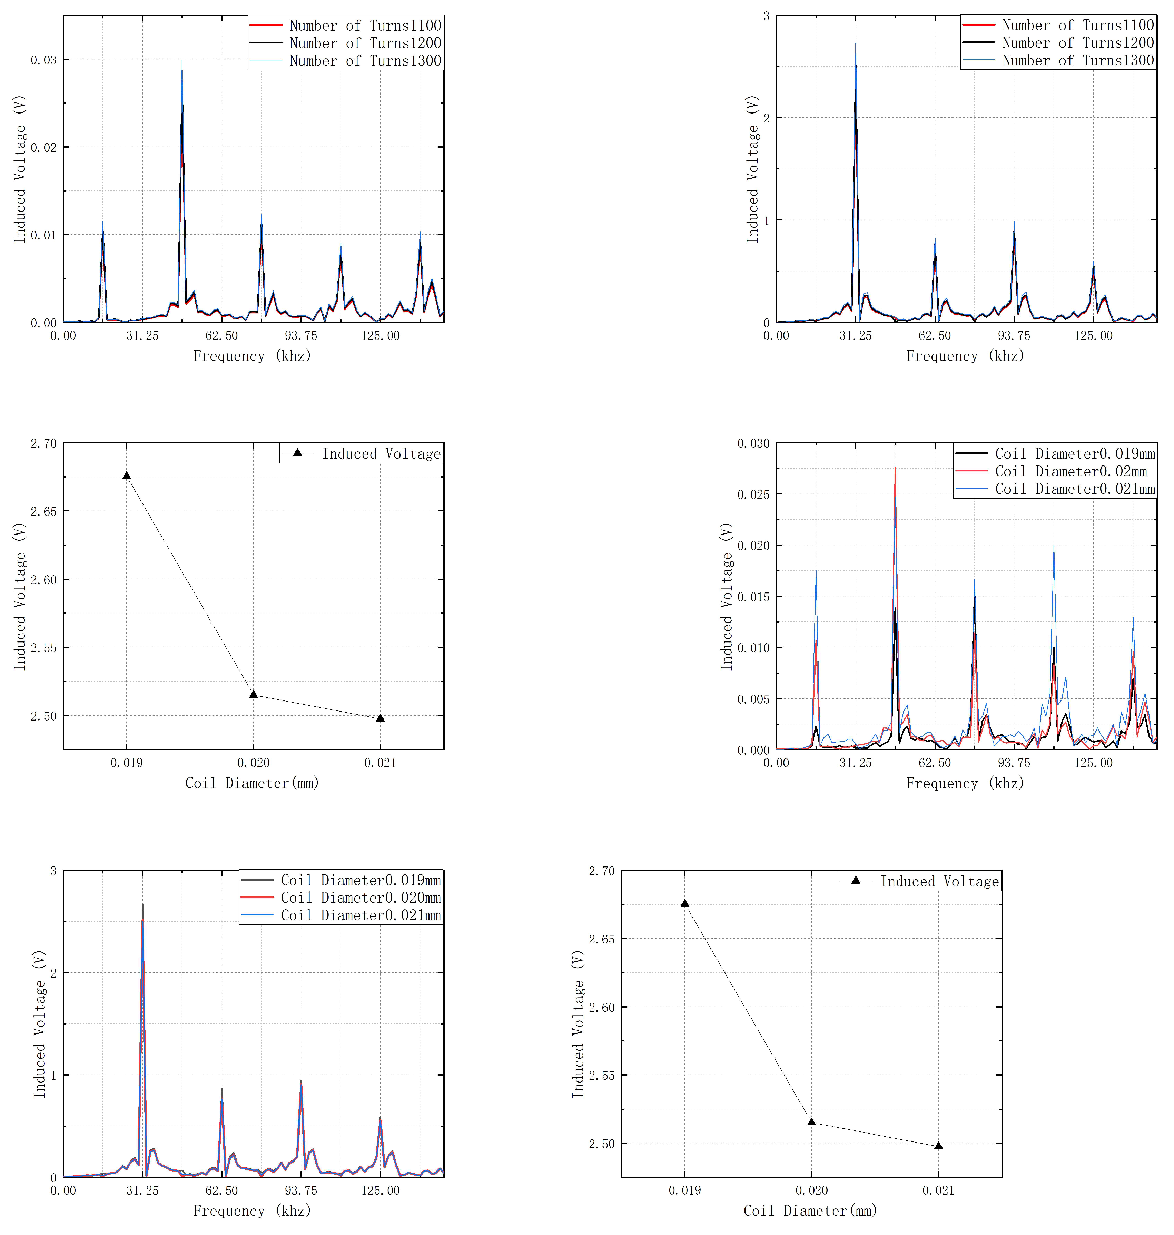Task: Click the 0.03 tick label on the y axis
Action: click(x=43, y=60)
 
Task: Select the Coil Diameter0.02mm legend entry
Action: click(x=1070, y=471)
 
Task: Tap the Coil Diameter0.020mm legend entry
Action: click(x=361, y=898)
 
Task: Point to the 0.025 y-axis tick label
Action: click(x=753, y=494)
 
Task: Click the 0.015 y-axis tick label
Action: click(x=753, y=597)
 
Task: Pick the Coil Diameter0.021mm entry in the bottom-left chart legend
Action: click(x=361, y=915)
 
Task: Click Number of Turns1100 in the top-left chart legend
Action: click(x=365, y=26)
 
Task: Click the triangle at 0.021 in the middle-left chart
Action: click(x=380, y=718)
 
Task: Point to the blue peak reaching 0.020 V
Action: click(x=1053, y=547)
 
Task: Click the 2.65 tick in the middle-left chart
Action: click(x=43, y=511)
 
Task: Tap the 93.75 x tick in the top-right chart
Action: click(x=1014, y=335)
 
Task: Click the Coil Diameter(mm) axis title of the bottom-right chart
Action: click(x=810, y=1211)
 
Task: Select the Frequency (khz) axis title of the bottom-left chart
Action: click(x=251, y=1211)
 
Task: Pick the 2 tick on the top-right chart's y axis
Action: click(x=766, y=118)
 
